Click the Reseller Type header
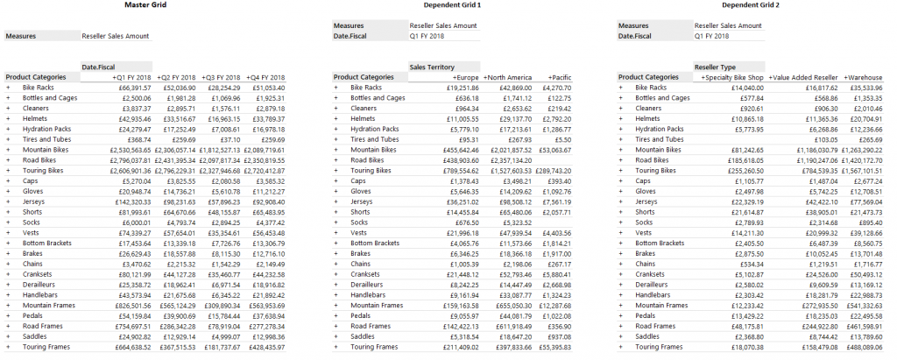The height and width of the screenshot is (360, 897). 715,67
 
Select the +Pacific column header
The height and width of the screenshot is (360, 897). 558,77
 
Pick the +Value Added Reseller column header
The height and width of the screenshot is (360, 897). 802,77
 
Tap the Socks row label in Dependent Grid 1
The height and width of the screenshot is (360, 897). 360,222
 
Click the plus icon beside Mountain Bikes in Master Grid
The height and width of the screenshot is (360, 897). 8,150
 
